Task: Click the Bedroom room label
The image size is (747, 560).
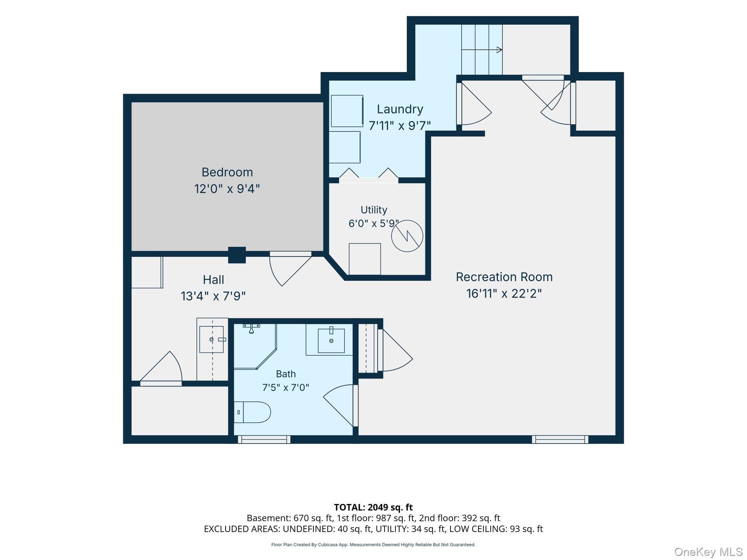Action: tap(227, 172)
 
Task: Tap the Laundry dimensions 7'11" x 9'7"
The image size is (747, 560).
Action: tap(400, 125)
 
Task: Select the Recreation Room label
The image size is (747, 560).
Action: tap(504, 277)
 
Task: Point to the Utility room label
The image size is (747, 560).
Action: tap(374, 210)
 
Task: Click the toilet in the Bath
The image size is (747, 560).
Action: tap(252, 412)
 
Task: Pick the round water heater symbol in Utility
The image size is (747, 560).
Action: tap(407, 236)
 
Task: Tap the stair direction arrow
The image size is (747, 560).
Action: tap(482, 50)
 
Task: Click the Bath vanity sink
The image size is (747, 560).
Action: tap(331, 340)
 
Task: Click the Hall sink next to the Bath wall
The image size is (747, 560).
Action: tap(212, 339)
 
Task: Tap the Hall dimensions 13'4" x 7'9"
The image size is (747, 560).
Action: tap(213, 296)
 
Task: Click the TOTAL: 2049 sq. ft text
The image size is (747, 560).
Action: tap(373, 507)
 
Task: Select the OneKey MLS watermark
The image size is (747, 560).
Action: tap(709, 551)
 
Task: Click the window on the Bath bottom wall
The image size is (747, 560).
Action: tap(264, 439)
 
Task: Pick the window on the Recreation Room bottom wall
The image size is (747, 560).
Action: tap(560, 439)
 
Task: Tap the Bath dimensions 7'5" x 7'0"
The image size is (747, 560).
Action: tap(286, 388)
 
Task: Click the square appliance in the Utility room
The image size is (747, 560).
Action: tap(365, 259)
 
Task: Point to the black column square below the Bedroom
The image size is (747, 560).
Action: tap(237, 255)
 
